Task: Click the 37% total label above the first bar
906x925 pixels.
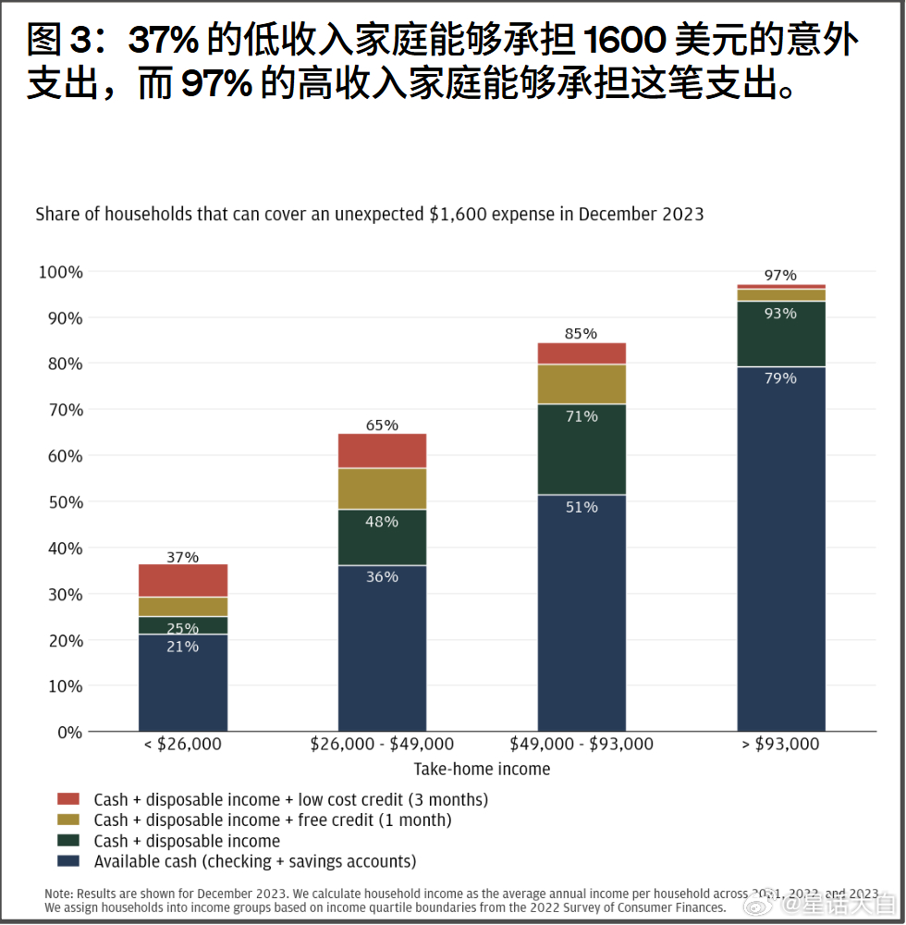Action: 182,557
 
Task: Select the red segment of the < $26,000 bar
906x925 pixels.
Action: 182,580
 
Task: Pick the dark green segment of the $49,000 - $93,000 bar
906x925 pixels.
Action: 582,450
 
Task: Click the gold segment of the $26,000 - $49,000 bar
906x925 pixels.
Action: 382,488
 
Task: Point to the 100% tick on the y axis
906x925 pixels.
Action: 61,272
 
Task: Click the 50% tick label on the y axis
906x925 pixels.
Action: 61,502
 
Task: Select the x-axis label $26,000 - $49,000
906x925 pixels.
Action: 382,744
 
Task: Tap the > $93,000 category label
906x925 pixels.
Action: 780,744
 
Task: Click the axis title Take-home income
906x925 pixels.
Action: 482,769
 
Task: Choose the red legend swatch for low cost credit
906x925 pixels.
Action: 68,798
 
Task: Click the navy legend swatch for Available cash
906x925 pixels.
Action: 68,861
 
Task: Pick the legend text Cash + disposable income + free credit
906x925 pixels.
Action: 272,820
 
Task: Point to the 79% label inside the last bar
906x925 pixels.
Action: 780,377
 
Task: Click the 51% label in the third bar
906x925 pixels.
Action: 582,507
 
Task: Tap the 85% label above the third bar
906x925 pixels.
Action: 582,333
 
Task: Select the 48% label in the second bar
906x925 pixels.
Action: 382,522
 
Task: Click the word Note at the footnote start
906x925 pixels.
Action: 59,894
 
